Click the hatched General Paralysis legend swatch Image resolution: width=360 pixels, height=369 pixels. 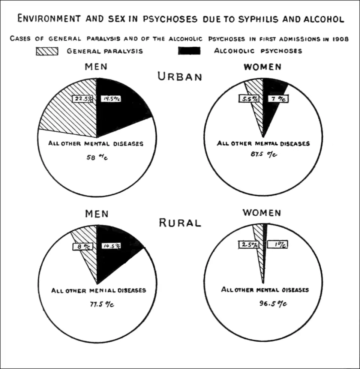(47, 51)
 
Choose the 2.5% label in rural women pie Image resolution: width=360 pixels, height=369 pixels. (249, 245)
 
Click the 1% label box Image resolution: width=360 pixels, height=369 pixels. (277, 245)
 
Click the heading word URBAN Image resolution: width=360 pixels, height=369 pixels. (180, 76)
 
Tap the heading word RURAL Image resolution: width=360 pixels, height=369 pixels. (180, 223)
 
